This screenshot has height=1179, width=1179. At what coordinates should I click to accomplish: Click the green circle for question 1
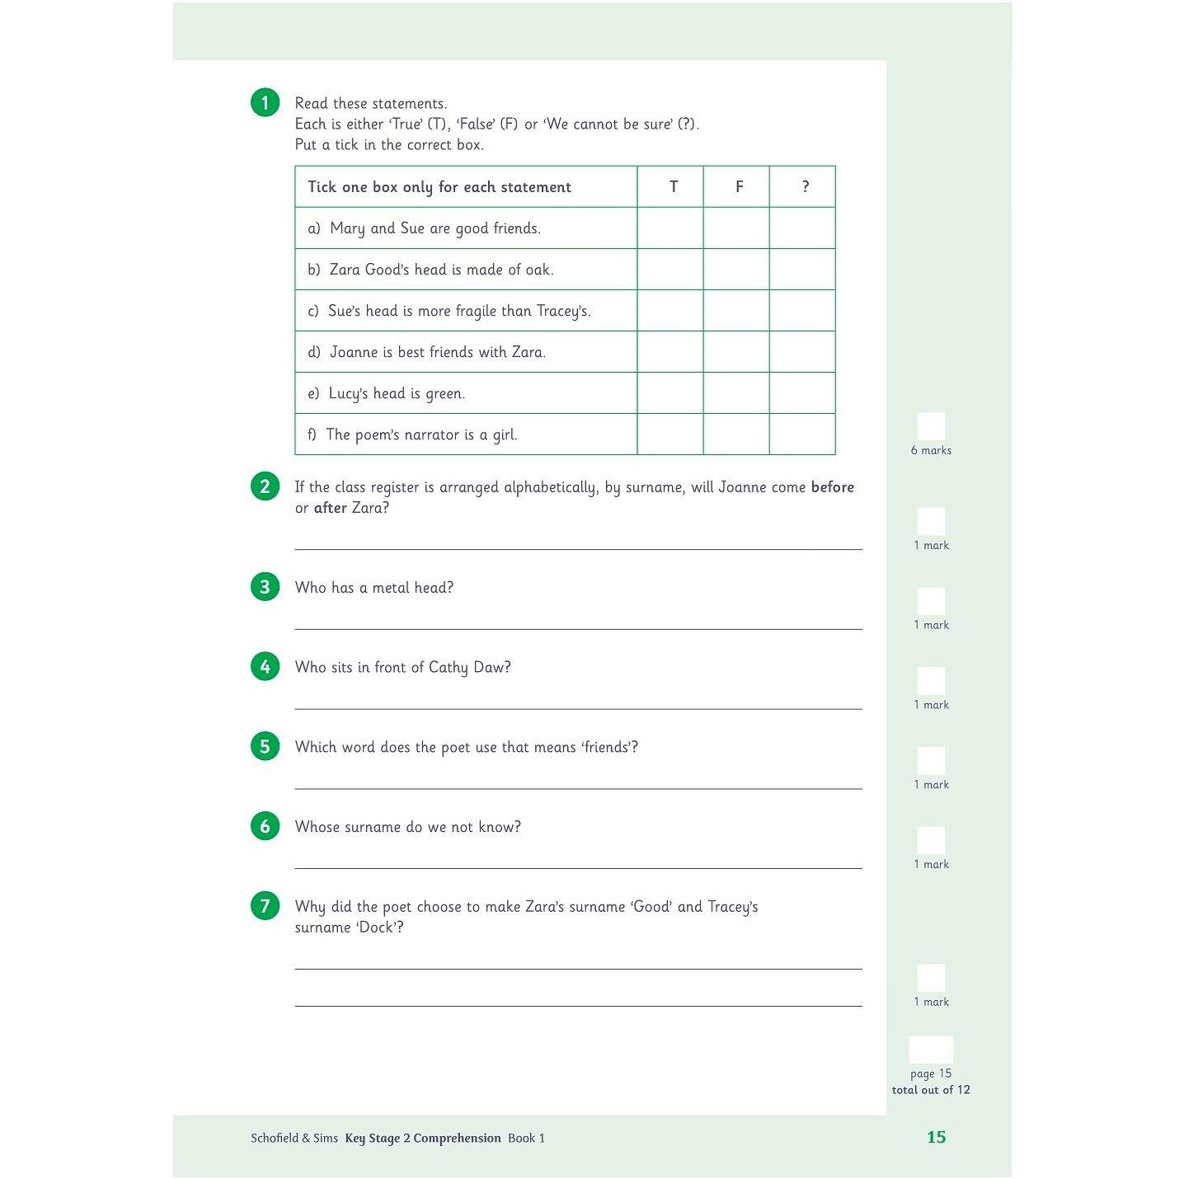coord(265,102)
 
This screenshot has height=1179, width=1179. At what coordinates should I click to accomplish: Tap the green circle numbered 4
coord(265,666)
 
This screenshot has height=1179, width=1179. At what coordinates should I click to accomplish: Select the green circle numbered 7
coord(265,905)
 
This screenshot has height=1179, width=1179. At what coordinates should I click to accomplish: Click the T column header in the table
coord(673,187)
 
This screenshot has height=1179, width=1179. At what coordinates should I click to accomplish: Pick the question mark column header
coord(805,187)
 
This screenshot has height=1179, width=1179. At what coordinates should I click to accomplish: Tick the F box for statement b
coord(736,270)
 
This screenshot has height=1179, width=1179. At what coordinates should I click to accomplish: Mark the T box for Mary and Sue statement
coord(670,228)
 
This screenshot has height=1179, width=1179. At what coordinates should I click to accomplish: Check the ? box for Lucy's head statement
coord(802,393)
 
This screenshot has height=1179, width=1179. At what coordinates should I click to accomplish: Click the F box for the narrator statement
coord(736,434)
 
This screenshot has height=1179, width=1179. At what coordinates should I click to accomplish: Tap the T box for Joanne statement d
coord(670,352)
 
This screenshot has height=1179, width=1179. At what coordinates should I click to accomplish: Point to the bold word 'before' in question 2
coord(832,487)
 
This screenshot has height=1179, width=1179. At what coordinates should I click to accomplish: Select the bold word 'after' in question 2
coord(330,508)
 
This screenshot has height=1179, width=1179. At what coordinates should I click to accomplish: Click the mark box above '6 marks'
coord(931,426)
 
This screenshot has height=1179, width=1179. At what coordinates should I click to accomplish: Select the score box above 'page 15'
coord(931,1050)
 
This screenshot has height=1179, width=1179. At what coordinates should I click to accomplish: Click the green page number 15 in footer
coord(936,1137)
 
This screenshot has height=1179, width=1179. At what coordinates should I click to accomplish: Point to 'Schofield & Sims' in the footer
coord(294,1139)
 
